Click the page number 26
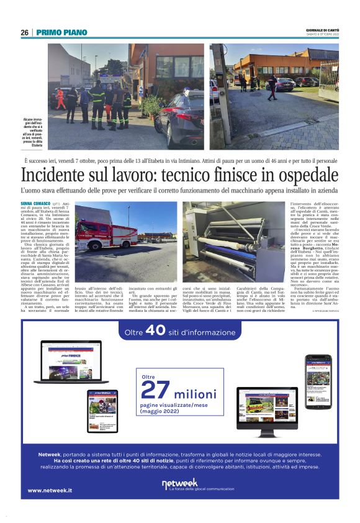pyautogui.click(x=24, y=32)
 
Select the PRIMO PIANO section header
pyautogui.click(x=61, y=32)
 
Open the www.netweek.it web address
pyautogui.click(x=49, y=491)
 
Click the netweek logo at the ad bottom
pyautogui.click(x=180, y=484)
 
